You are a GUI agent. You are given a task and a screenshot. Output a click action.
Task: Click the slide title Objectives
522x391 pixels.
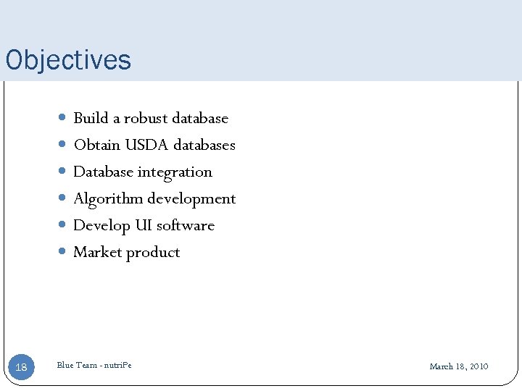coord(68,59)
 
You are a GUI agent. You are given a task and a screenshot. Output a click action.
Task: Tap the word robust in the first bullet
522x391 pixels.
coord(146,118)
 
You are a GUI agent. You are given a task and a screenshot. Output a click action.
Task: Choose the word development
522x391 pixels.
coord(191,199)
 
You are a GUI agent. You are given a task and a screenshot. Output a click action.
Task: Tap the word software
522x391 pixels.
coord(186,225)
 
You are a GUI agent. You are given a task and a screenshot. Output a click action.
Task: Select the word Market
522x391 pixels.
coord(97,252)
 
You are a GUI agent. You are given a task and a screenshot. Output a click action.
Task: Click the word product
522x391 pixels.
coord(153,253)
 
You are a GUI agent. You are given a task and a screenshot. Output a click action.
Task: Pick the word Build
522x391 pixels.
coord(91,118)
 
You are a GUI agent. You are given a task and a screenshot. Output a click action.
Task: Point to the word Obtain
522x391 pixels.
coord(97,145)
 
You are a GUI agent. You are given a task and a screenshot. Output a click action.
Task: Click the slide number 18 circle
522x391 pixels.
coord(21,367)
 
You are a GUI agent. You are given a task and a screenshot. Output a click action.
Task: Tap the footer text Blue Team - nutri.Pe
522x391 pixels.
coord(94,365)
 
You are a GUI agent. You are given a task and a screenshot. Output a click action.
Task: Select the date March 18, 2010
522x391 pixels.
coord(459,366)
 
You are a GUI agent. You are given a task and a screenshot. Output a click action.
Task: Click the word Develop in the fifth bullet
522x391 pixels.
coord(101,225)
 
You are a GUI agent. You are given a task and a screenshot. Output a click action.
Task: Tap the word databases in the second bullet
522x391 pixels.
coord(204,145)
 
